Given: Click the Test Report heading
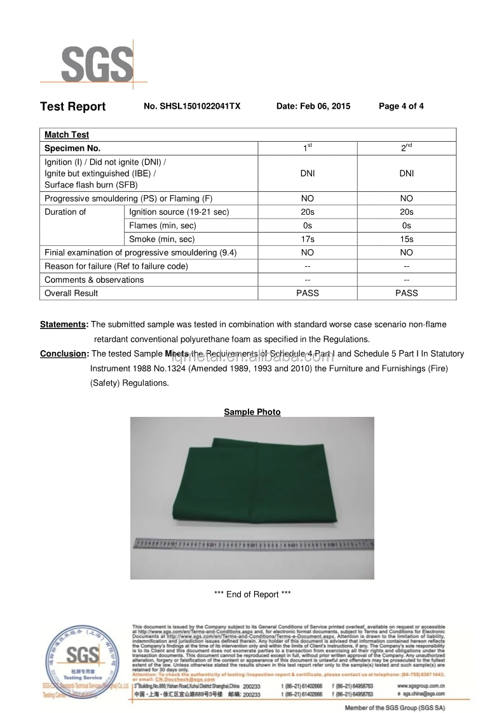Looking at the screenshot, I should pyautogui.click(x=72, y=107).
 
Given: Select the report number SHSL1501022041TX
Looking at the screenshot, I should pyautogui.click(x=192, y=107).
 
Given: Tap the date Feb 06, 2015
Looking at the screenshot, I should pyautogui.click(x=313, y=107).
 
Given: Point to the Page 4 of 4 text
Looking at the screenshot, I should pyautogui.click(x=401, y=107).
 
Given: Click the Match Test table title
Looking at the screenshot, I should pyautogui.click(x=67, y=135).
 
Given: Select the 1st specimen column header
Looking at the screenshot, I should pyautogui.click(x=308, y=149).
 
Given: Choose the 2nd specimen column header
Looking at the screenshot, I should pyautogui.click(x=407, y=149).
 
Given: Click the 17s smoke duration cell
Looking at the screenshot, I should pyautogui.click(x=308, y=240).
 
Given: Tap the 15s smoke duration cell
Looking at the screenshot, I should pyautogui.click(x=407, y=240).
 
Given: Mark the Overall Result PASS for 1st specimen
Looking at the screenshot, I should pyautogui.click(x=308, y=294).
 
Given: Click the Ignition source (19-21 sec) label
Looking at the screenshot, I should pyautogui.click(x=179, y=212).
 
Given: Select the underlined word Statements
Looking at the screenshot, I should pyautogui.click(x=63, y=325).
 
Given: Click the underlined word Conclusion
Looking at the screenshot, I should pyautogui.click(x=63, y=354).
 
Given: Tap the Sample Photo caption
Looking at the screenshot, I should pyautogui.click(x=252, y=412).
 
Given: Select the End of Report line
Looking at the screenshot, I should pyautogui.click(x=252, y=595).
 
